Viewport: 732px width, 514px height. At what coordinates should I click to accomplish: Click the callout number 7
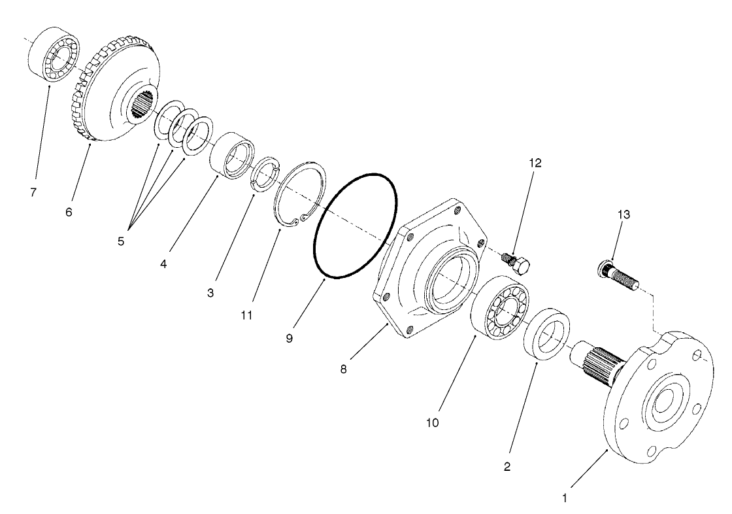pos(33,192)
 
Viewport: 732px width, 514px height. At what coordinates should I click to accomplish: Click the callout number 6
pos(69,213)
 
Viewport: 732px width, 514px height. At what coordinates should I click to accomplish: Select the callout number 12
pos(535,163)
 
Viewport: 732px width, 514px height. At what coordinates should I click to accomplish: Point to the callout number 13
pos(624,214)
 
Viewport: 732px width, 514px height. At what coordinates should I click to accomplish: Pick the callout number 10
pos(433,422)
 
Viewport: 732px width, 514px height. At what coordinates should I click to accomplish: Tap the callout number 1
pos(565,497)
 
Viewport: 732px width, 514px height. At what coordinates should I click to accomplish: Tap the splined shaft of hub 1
pos(595,364)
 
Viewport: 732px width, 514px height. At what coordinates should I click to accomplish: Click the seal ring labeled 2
pos(548,334)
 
